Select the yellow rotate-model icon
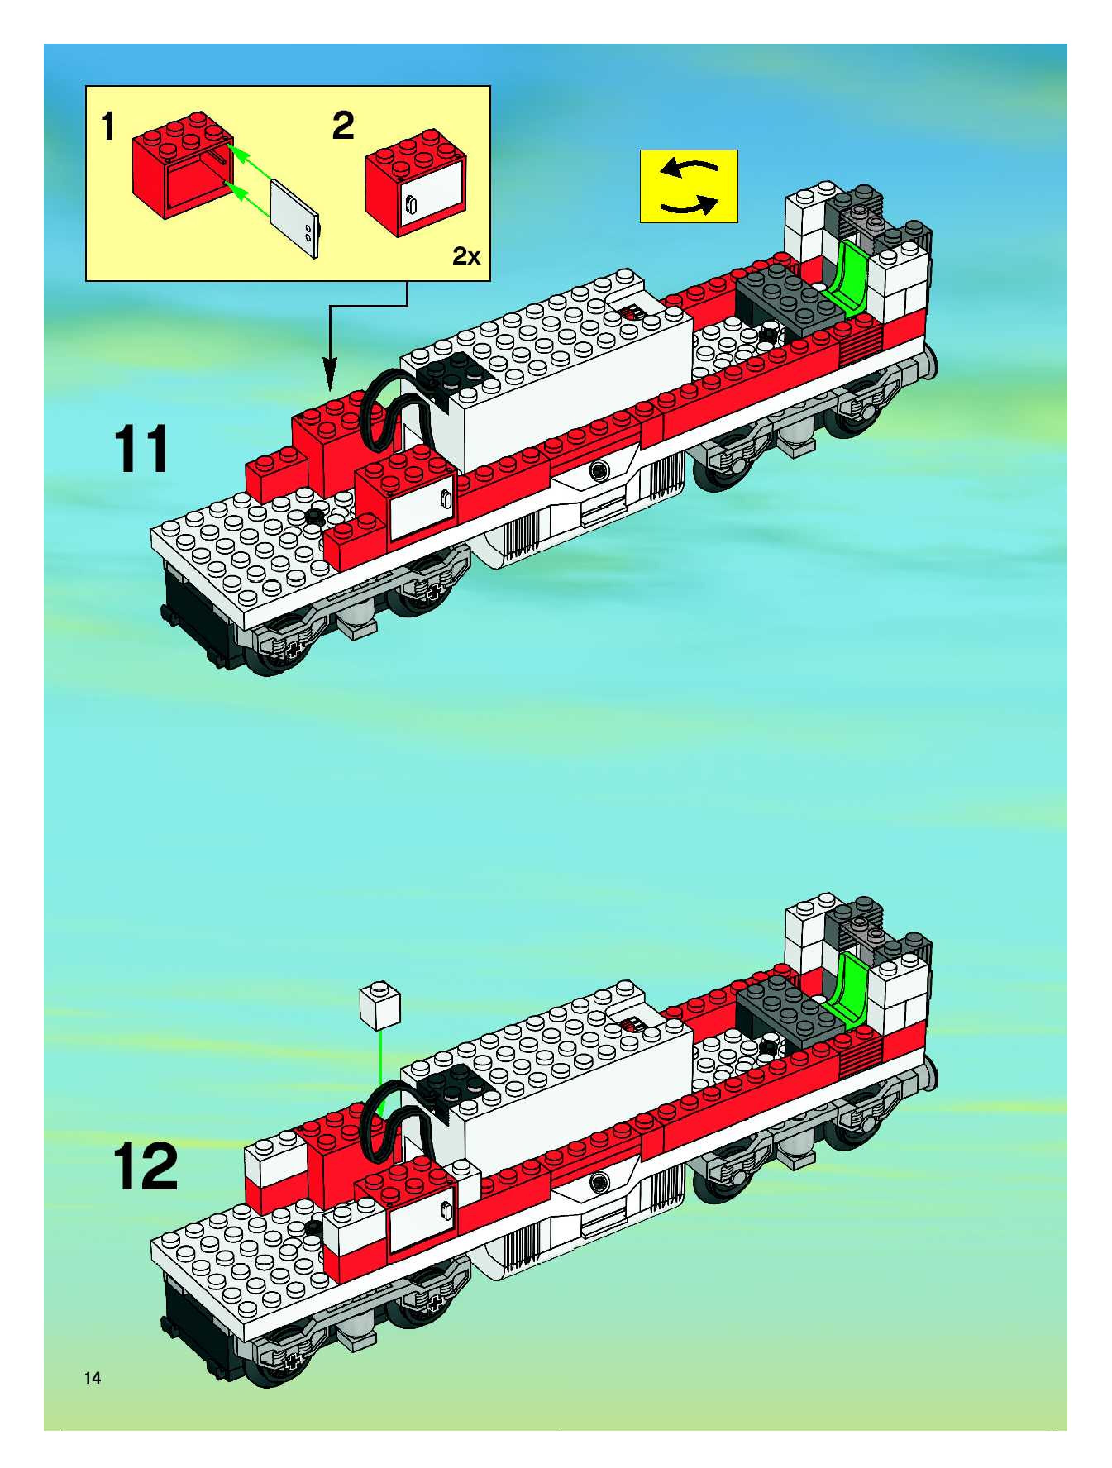coord(688,186)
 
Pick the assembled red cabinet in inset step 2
coord(415,183)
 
